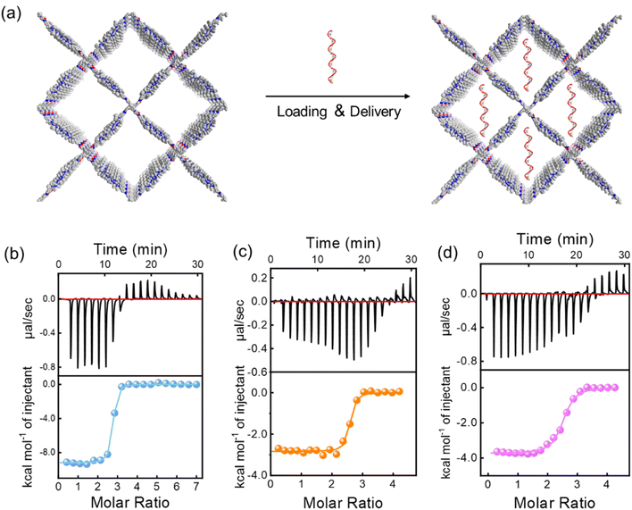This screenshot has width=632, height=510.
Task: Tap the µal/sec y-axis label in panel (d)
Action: click(448, 317)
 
